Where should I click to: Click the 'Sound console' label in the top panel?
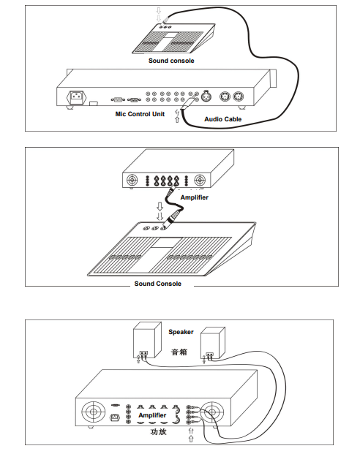(171, 61)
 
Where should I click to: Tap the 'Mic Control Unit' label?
(140, 114)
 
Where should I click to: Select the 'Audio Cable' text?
(223, 119)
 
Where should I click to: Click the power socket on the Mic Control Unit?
(76, 97)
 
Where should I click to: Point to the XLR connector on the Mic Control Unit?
(206, 96)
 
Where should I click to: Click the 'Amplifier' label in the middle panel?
(194, 197)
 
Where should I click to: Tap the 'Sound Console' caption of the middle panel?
(157, 284)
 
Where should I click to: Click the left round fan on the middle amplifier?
(132, 181)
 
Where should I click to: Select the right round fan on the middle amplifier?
(200, 181)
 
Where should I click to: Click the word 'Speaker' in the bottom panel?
(181, 332)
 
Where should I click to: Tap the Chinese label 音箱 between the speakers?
(179, 352)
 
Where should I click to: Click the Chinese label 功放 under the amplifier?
(158, 431)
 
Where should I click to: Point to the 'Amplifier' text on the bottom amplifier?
(152, 415)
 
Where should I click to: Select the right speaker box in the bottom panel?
(213, 343)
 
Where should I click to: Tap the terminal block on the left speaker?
(143, 352)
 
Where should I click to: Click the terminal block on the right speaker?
(209, 355)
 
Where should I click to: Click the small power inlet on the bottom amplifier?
(114, 417)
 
